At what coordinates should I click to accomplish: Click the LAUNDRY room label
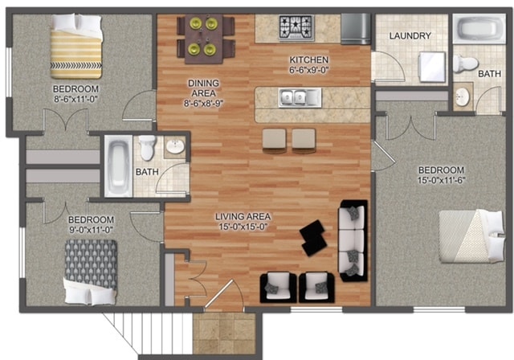click(410, 35)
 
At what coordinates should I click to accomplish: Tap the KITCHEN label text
click(308, 60)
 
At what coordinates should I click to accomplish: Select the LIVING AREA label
click(243, 216)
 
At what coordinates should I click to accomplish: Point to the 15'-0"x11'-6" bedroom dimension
click(441, 180)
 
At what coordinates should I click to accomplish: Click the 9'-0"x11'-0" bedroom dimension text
click(91, 230)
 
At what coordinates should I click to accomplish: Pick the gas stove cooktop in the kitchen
click(296, 27)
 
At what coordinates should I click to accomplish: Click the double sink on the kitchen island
click(300, 98)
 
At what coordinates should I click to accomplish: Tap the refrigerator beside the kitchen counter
click(356, 29)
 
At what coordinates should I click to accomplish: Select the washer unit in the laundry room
click(432, 67)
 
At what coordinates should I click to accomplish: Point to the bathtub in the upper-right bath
click(479, 29)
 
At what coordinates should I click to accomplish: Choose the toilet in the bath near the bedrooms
click(147, 148)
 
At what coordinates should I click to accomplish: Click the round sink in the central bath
click(175, 146)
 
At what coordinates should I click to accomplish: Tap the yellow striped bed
click(76, 47)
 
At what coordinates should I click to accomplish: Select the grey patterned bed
click(91, 272)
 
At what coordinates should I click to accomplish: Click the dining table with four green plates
click(203, 39)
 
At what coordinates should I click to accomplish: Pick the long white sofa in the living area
click(353, 240)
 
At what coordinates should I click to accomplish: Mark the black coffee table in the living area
click(313, 238)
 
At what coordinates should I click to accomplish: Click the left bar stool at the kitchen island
click(274, 141)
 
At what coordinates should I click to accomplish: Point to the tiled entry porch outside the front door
click(224, 333)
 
